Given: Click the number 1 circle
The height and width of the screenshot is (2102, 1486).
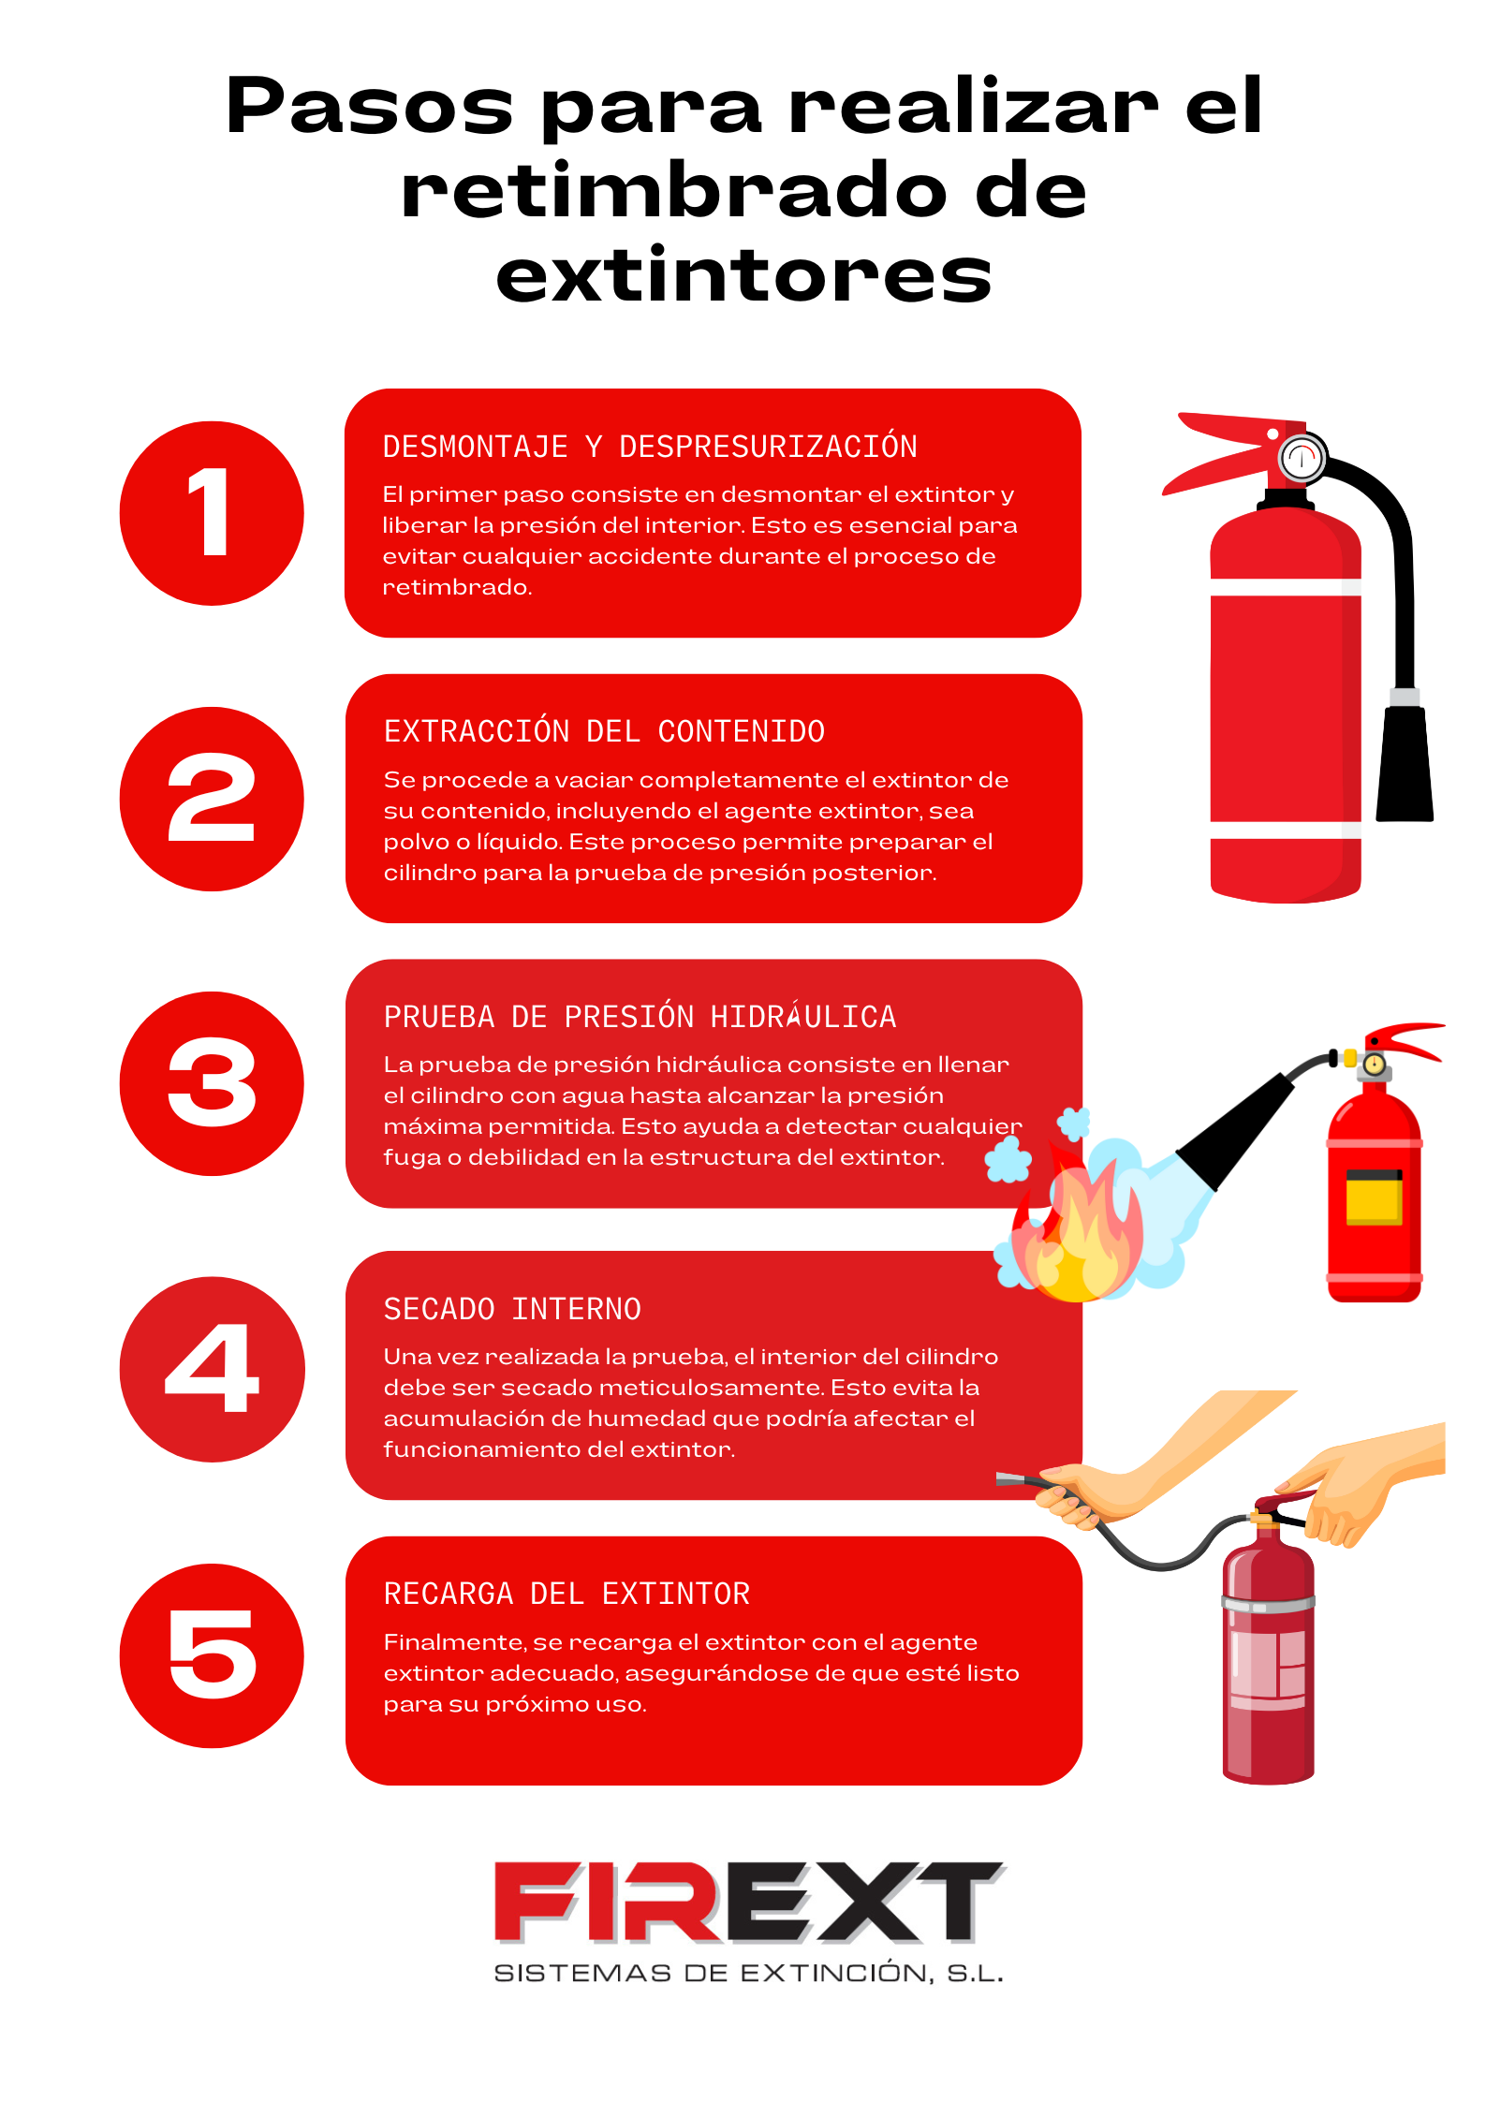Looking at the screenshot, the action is (x=212, y=513).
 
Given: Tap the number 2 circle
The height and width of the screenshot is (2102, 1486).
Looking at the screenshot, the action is (x=212, y=799).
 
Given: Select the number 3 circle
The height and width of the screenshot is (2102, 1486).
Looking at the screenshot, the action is (x=212, y=1083).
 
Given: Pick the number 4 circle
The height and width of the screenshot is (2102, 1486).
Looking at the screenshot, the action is (x=212, y=1369).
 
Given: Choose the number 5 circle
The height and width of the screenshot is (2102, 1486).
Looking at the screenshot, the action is (x=212, y=1655).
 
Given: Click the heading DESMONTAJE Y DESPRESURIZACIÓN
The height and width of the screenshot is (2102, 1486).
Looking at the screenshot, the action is (x=650, y=447).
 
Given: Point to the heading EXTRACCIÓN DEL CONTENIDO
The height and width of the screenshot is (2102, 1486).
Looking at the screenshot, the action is (x=604, y=731).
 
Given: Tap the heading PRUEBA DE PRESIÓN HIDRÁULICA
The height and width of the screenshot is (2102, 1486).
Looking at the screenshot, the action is (x=640, y=1016).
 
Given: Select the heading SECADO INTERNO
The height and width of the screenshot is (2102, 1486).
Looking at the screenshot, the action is (x=512, y=1309).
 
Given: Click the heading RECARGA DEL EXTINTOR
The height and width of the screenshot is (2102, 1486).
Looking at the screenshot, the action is (x=566, y=1594).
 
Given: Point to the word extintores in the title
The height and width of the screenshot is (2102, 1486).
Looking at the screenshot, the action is (x=743, y=275).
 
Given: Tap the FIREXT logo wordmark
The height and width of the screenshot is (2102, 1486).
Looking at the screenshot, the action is (x=749, y=1902).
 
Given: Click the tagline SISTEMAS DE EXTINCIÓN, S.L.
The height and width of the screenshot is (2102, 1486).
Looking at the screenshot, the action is (x=748, y=1974).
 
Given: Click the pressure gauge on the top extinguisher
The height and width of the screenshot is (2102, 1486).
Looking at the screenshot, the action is (x=1302, y=458).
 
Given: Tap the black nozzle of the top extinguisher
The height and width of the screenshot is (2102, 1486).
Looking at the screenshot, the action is (x=1405, y=763).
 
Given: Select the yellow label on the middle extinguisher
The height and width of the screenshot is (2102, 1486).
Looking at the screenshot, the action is (x=1374, y=1198).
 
